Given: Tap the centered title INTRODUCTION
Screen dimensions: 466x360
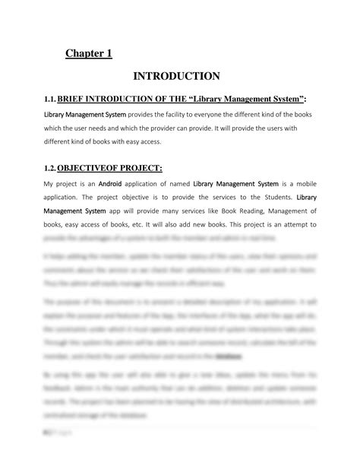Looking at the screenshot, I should [x=176, y=76].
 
